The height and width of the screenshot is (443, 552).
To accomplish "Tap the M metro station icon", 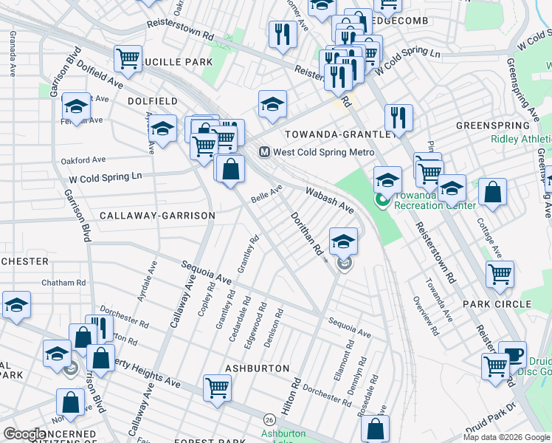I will tap(264, 152).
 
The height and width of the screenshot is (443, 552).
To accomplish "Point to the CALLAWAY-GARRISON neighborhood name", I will tap(157, 216).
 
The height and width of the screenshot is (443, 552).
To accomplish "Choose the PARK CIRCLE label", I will tap(497, 304).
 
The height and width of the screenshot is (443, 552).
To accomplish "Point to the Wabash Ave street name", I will tap(330, 199).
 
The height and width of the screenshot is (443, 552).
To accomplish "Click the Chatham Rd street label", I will tap(63, 283).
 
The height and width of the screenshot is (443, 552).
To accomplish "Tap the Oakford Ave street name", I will tap(84, 159).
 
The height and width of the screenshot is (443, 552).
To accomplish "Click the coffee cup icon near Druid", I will tap(511, 354).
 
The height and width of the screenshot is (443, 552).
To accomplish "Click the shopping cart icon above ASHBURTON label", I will tap(217, 387).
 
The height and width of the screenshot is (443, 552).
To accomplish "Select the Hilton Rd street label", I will tap(291, 396).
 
